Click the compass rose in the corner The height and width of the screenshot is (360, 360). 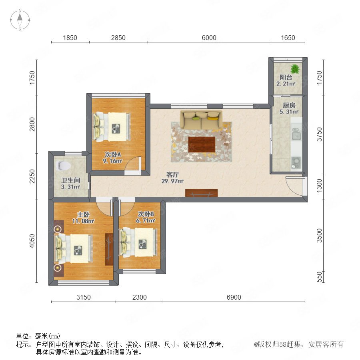(x=20, y=20)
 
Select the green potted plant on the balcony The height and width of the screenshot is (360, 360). (x=295, y=69)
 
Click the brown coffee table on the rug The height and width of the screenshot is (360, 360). (x=202, y=144)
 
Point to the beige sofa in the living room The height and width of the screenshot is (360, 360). (x=201, y=120)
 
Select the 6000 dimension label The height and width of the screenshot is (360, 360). (x=209, y=38)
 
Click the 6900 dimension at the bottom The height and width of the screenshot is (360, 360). (x=234, y=297)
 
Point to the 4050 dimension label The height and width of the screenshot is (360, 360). (x=32, y=241)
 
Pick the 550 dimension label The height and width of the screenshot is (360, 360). (x=319, y=277)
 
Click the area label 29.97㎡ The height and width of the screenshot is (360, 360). (x=172, y=181)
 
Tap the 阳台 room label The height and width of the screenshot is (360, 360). (x=286, y=77)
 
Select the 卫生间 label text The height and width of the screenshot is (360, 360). (x=71, y=180)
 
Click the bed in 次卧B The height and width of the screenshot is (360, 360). (x=138, y=242)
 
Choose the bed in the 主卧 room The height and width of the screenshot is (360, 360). (x=74, y=248)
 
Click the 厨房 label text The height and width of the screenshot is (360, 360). (x=289, y=105)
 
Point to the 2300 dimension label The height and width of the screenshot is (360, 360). (x=139, y=297)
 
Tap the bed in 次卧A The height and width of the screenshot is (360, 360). (x=112, y=126)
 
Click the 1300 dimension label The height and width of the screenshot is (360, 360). (x=319, y=186)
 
